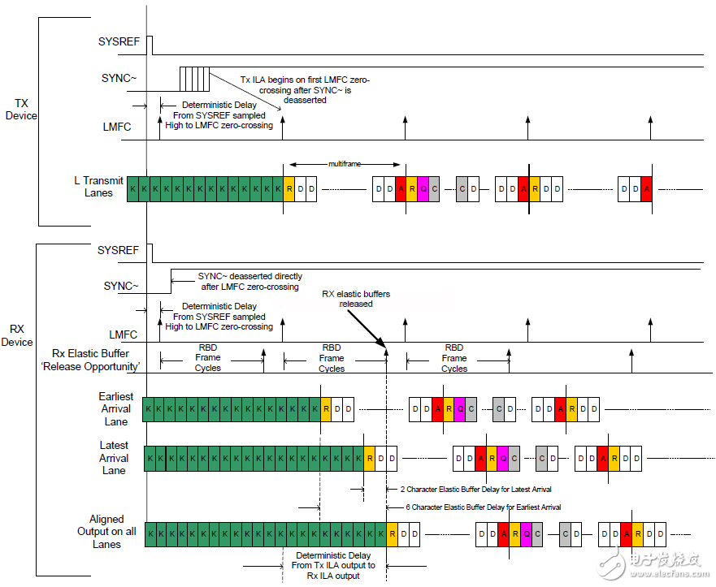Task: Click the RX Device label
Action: pyautogui.click(x=17, y=335)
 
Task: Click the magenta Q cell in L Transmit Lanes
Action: pyautogui.click(x=423, y=188)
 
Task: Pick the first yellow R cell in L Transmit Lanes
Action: pyautogui.click(x=289, y=188)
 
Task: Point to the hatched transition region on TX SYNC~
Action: pyautogui.click(x=194, y=79)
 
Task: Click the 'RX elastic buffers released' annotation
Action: pyautogui.click(x=356, y=299)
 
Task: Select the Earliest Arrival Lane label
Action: pyautogui.click(x=115, y=409)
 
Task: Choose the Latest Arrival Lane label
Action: pyautogui.click(x=114, y=457)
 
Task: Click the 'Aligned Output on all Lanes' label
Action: pyautogui.click(x=106, y=531)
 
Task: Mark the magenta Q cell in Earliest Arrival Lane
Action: pyautogui.click(x=460, y=409)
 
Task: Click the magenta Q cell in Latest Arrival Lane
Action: pyautogui.click(x=502, y=459)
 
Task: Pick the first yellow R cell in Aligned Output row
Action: pyautogui.click(x=393, y=534)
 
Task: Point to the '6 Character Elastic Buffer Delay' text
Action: pyautogui.click(x=484, y=507)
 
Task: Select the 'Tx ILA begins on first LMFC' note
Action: pyautogui.click(x=306, y=89)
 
